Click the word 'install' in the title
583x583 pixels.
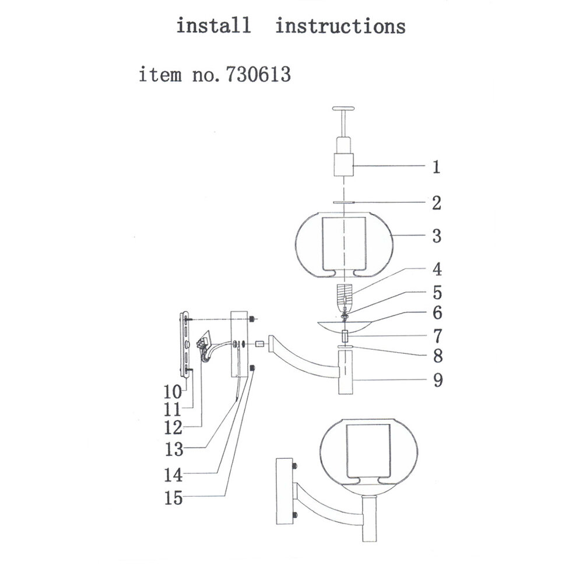213,26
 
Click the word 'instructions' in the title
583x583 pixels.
340,26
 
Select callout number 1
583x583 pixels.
436,168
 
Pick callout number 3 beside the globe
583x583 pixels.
436,237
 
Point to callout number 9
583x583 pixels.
436,381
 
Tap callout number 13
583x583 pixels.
174,450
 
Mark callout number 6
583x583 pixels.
436,314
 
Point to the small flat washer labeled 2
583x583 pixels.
345,203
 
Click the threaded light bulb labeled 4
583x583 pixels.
345,295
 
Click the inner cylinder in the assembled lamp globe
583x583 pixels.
367,449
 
